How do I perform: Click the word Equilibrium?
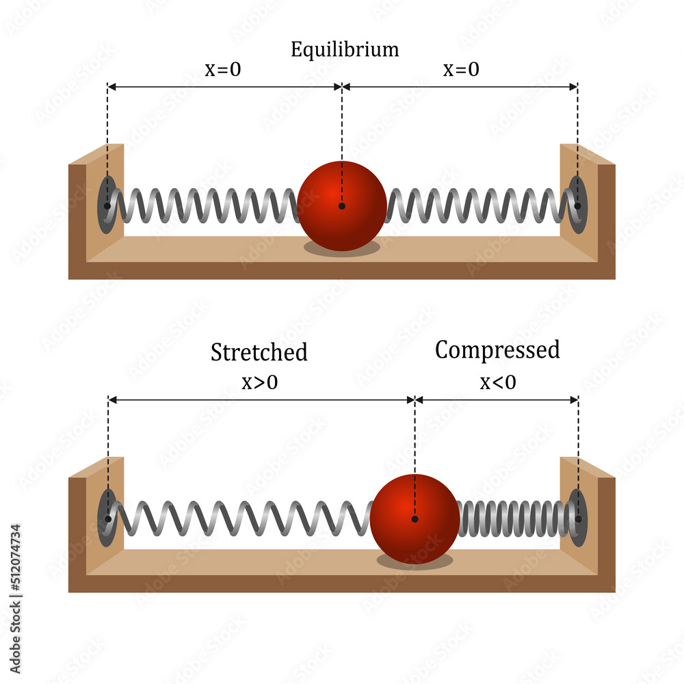pyautogui.click(x=344, y=50)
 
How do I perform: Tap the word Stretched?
pyautogui.click(x=259, y=352)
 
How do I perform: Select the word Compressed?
pyautogui.click(x=497, y=350)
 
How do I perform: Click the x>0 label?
pyautogui.click(x=259, y=382)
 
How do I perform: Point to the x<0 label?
pyautogui.click(x=497, y=382)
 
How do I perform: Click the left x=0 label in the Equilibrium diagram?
pyautogui.click(x=223, y=70)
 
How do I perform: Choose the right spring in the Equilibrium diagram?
pyautogui.click(x=479, y=205)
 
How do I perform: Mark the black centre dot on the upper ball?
pyautogui.click(x=342, y=206)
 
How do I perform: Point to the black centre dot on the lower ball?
pyautogui.click(x=415, y=519)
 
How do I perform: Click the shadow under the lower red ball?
pyautogui.click(x=415, y=562)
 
